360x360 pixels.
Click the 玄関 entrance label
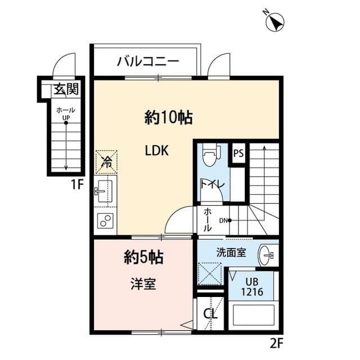tap(65, 89)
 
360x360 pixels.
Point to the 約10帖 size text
tap(169, 118)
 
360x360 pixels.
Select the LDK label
tap(157, 151)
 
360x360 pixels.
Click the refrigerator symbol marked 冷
tap(106, 162)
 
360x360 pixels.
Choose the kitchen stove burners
tap(106, 221)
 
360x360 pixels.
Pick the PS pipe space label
tap(238, 153)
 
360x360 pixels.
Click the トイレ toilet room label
tap(213, 184)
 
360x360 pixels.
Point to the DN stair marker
tap(224, 220)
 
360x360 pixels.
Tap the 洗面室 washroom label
tap(229, 253)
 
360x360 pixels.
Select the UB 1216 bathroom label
tap(252, 287)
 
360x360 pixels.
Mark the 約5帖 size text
tap(143, 258)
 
